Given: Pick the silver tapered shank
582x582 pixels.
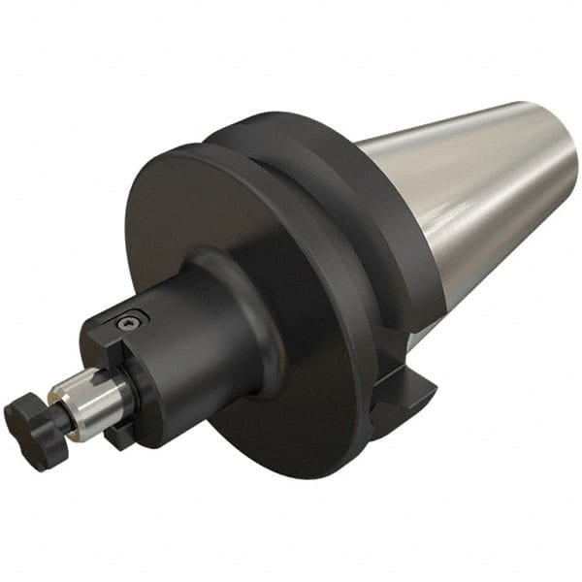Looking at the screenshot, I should coord(485,184).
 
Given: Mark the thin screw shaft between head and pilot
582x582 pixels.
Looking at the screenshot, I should coord(61,415).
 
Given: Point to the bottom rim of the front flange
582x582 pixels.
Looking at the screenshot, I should coord(281,466).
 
